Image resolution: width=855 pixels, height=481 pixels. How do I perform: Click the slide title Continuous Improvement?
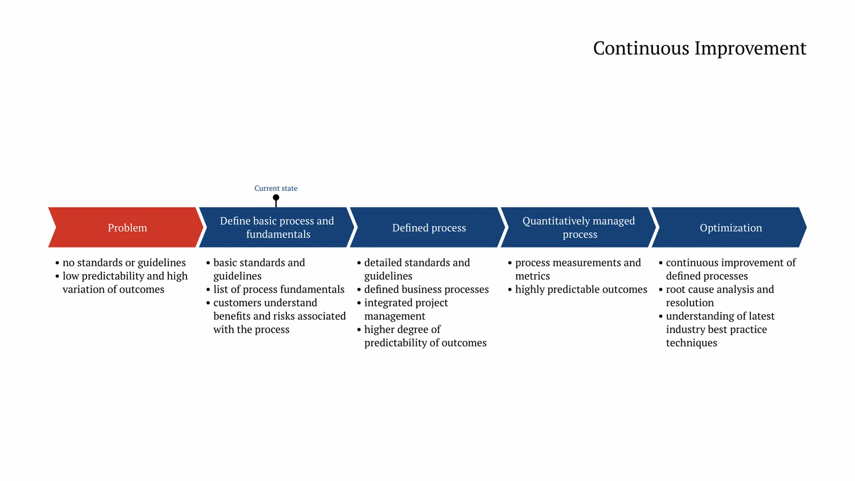[699, 49]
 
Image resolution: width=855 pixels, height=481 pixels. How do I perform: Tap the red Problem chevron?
[127, 228]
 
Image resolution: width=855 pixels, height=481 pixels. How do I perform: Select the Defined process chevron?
[429, 228]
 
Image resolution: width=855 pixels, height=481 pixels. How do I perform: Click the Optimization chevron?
[730, 228]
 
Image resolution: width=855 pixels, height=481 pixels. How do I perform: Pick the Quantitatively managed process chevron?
[579, 228]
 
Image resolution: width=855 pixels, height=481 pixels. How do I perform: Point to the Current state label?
[276, 188]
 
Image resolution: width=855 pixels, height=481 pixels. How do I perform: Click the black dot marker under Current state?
[276, 198]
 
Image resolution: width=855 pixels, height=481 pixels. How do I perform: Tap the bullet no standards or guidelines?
[124, 263]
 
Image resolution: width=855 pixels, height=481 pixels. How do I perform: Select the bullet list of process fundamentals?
[279, 289]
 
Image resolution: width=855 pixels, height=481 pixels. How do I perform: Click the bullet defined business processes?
[426, 289]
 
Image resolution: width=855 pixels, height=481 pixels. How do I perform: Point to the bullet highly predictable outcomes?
[581, 289]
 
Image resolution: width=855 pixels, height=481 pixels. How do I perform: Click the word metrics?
[532, 276]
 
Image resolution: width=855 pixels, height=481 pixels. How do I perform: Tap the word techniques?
[691, 343]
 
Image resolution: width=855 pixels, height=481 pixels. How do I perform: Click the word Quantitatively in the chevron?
[556, 221]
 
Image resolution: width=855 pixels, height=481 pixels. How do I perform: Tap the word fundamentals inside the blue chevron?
[278, 234]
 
